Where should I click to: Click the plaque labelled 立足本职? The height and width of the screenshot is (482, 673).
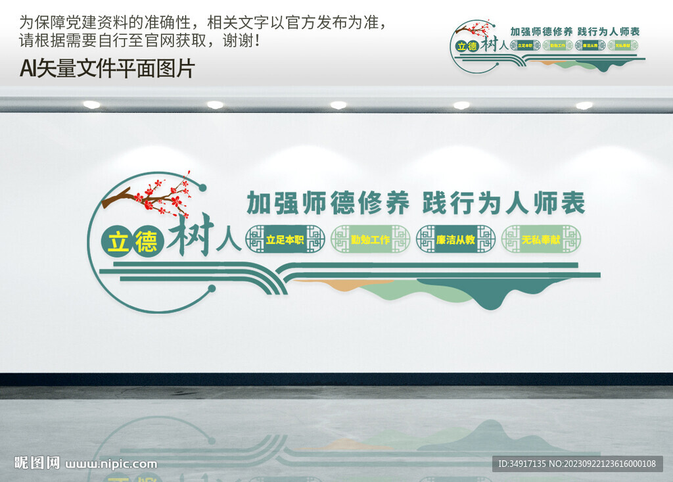(x=285, y=239)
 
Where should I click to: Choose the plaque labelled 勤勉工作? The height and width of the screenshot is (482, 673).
(x=370, y=239)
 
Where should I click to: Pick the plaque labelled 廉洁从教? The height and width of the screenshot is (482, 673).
(x=455, y=239)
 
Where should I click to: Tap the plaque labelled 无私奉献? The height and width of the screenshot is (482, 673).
(x=541, y=239)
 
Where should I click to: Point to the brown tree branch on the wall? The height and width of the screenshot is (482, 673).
(x=118, y=197)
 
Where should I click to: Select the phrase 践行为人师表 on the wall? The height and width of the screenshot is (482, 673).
(x=503, y=203)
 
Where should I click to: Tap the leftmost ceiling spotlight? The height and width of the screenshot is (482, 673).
(x=91, y=105)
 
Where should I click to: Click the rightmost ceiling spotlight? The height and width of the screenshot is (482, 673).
(x=584, y=105)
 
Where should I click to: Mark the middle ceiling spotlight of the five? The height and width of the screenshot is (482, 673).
(x=338, y=105)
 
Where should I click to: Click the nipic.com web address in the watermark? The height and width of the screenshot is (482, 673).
(x=111, y=464)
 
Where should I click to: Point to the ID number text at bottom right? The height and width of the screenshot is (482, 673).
(x=577, y=464)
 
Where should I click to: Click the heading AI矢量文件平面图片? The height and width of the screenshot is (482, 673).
(x=107, y=68)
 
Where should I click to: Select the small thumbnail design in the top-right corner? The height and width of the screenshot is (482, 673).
(x=547, y=46)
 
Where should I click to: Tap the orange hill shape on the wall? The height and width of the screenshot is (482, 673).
(x=335, y=285)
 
